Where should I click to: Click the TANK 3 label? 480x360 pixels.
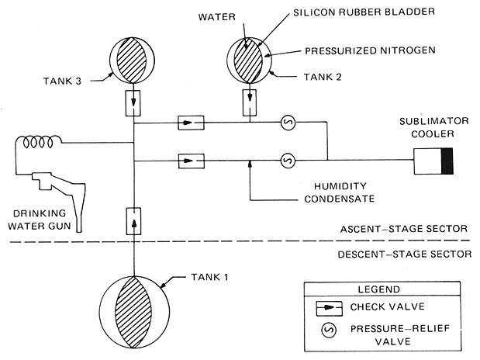[62, 81]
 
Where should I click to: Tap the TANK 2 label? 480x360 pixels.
[323, 77]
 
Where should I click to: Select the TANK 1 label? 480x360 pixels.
[209, 277]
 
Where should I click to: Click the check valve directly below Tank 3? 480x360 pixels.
[133, 103]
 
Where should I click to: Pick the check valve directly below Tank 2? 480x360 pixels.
[250, 102]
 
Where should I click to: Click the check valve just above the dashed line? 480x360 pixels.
[134, 221]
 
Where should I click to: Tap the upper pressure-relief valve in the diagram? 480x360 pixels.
[288, 123]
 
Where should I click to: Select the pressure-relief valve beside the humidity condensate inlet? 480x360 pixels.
[288, 161]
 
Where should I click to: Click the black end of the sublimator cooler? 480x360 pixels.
[447, 161]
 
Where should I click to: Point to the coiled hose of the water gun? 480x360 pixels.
[38, 141]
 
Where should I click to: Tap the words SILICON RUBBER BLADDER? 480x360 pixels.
[364, 12]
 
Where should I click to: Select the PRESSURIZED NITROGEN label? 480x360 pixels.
[370, 50]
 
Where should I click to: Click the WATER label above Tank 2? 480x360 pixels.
[216, 17]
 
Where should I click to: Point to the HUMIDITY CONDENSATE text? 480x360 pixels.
[340, 192]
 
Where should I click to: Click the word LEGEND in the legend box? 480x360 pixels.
[379, 289]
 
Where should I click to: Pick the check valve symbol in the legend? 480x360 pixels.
[329, 307]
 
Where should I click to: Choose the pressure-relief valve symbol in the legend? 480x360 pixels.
[329, 330]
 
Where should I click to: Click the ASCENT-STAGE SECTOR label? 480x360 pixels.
[404, 229]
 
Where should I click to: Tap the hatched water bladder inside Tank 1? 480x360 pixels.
[133, 312]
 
